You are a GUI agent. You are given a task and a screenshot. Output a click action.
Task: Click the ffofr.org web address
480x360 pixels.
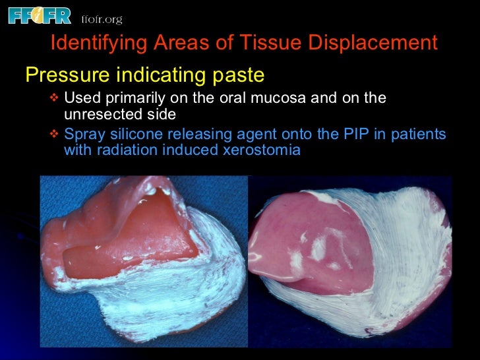point(101,19)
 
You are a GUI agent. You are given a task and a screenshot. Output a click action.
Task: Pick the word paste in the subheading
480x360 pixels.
point(238,75)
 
